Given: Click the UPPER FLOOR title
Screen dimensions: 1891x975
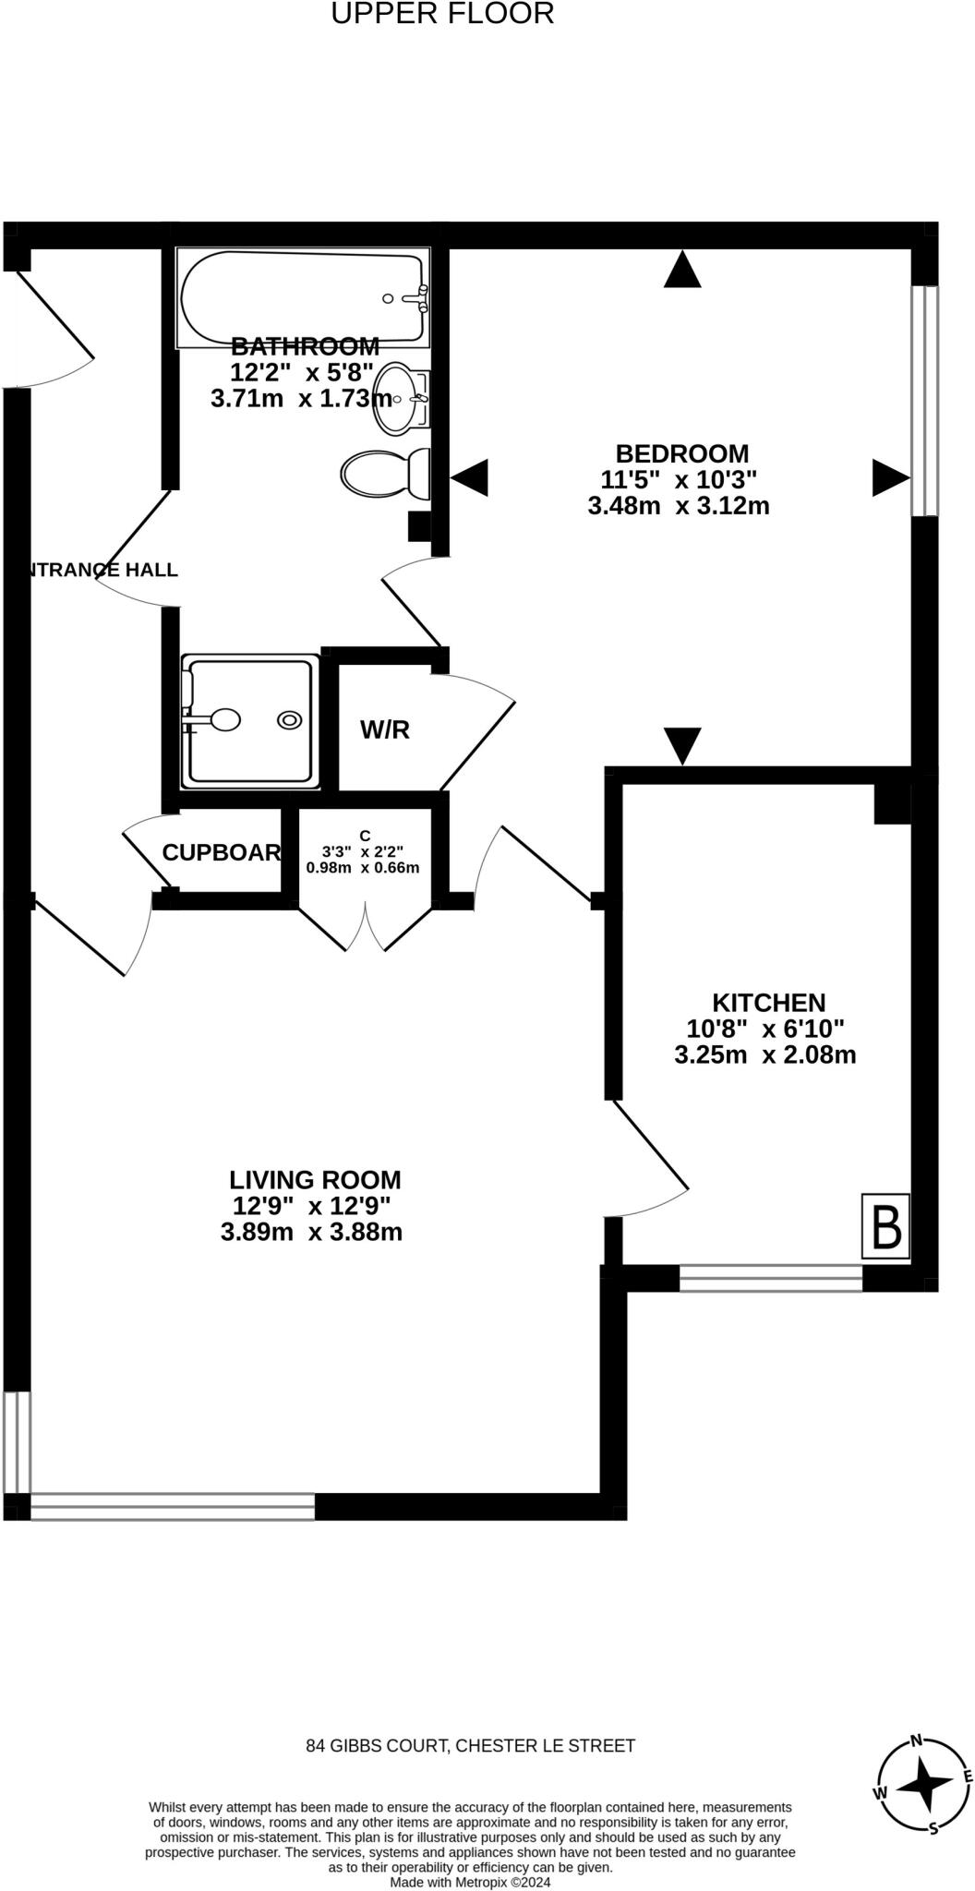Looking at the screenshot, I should pyautogui.click(x=442, y=15).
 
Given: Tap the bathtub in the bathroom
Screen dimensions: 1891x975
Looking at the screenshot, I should pyautogui.click(x=303, y=297).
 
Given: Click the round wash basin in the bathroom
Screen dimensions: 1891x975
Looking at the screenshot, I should pyautogui.click(x=398, y=399).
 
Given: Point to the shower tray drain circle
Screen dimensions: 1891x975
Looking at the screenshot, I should pyautogui.click(x=290, y=720).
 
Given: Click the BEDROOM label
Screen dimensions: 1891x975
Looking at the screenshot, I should pyautogui.click(x=681, y=454).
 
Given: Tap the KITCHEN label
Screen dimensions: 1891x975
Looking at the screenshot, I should pyautogui.click(x=768, y=1003).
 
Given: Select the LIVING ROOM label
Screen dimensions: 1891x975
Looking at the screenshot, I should pyautogui.click(x=315, y=1180).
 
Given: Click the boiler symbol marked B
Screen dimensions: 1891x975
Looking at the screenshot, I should pyautogui.click(x=886, y=1225).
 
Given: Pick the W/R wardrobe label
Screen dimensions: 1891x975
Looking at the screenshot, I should pyautogui.click(x=384, y=730).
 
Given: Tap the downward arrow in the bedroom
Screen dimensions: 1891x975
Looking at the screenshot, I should pyautogui.click(x=682, y=744).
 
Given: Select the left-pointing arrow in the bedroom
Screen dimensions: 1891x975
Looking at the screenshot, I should pyautogui.click(x=470, y=478).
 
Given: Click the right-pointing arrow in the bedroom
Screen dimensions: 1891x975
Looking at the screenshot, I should pyautogui.click(x=890, y=478).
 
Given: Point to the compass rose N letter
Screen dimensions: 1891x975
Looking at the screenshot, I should pyautogui.click(x=916, y=1741).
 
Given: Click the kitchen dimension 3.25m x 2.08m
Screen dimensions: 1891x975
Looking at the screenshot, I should pyautogui.click(x=765, y=1054).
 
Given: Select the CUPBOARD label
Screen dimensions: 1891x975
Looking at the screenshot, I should pyautogui.click(x=222, y=853).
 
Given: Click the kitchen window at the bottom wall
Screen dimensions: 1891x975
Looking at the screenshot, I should pyautogui.click(x=771, y=1278).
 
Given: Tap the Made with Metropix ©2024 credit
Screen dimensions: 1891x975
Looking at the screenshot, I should pyautogui.click(x=470, y=1882).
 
